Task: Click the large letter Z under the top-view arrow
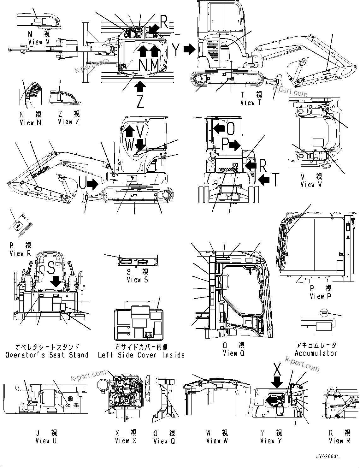pyautogui.click(x=140, y=101)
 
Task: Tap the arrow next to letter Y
pyautogui.click(x=190, y=49)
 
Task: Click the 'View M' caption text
pyautogui.click(x=39, y=42)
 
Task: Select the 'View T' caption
pyautogui.click(x=251, y=102)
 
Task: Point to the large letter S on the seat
pyautogui.click(x=51, y=267)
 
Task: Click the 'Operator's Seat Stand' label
pyautogui.click(x=47, y=355)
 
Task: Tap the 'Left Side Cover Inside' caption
pyautogui.click(x=141, y=355)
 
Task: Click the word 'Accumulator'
pyautogui.click(x=316, y=353)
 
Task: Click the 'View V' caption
pyautogui.click(x=311, y=184)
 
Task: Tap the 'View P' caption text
pyautogui.click(x=320, y=296)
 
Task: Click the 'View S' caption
pyautogui.click(x=137, y=279)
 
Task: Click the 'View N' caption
pyautogui.click(x=30, y=122)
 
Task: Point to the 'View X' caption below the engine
pyautogui.click(x=125, y=441)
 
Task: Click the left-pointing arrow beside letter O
pyautogui.click(x=219, y=128)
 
